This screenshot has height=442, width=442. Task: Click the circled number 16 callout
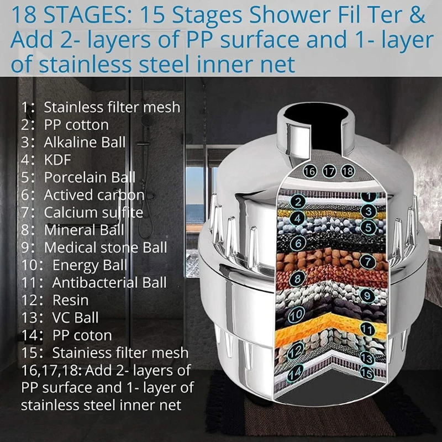coord(310,171)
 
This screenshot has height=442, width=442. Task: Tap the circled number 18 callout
coord(347,171)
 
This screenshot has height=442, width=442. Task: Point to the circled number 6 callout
coord(298,243)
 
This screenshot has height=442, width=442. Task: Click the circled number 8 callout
coord(298,278)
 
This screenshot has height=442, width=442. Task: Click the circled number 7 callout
coord(367,260)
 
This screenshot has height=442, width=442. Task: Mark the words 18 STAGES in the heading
coord(61,15)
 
